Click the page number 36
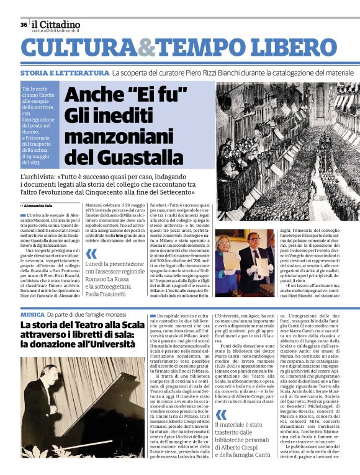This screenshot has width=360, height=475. click(23, 25)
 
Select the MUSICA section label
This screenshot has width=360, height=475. click(32, 315)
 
